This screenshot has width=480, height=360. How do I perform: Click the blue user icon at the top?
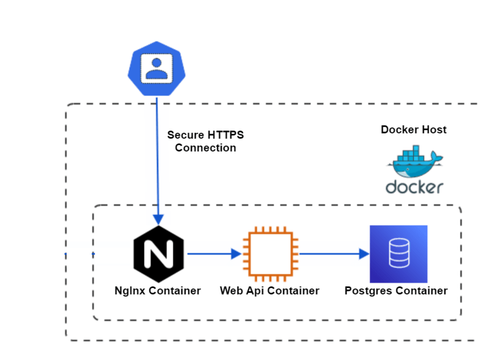coord(156,69)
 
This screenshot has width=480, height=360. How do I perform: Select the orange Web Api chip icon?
coord(270,254)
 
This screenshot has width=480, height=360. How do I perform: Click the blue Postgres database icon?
coord(398,254)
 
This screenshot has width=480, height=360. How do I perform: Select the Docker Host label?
coord(414,130)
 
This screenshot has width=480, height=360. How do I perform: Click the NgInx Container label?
coord(157,290)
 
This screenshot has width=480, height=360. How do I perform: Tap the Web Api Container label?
coord(270,290)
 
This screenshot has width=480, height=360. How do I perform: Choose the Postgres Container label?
coord(396,290)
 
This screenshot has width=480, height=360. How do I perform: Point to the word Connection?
coord(205,148)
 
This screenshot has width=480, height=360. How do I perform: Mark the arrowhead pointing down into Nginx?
coord(158,220)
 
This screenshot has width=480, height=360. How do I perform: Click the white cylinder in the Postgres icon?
coord(398,254)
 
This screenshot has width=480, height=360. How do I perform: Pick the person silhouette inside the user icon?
coord(156,67)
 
